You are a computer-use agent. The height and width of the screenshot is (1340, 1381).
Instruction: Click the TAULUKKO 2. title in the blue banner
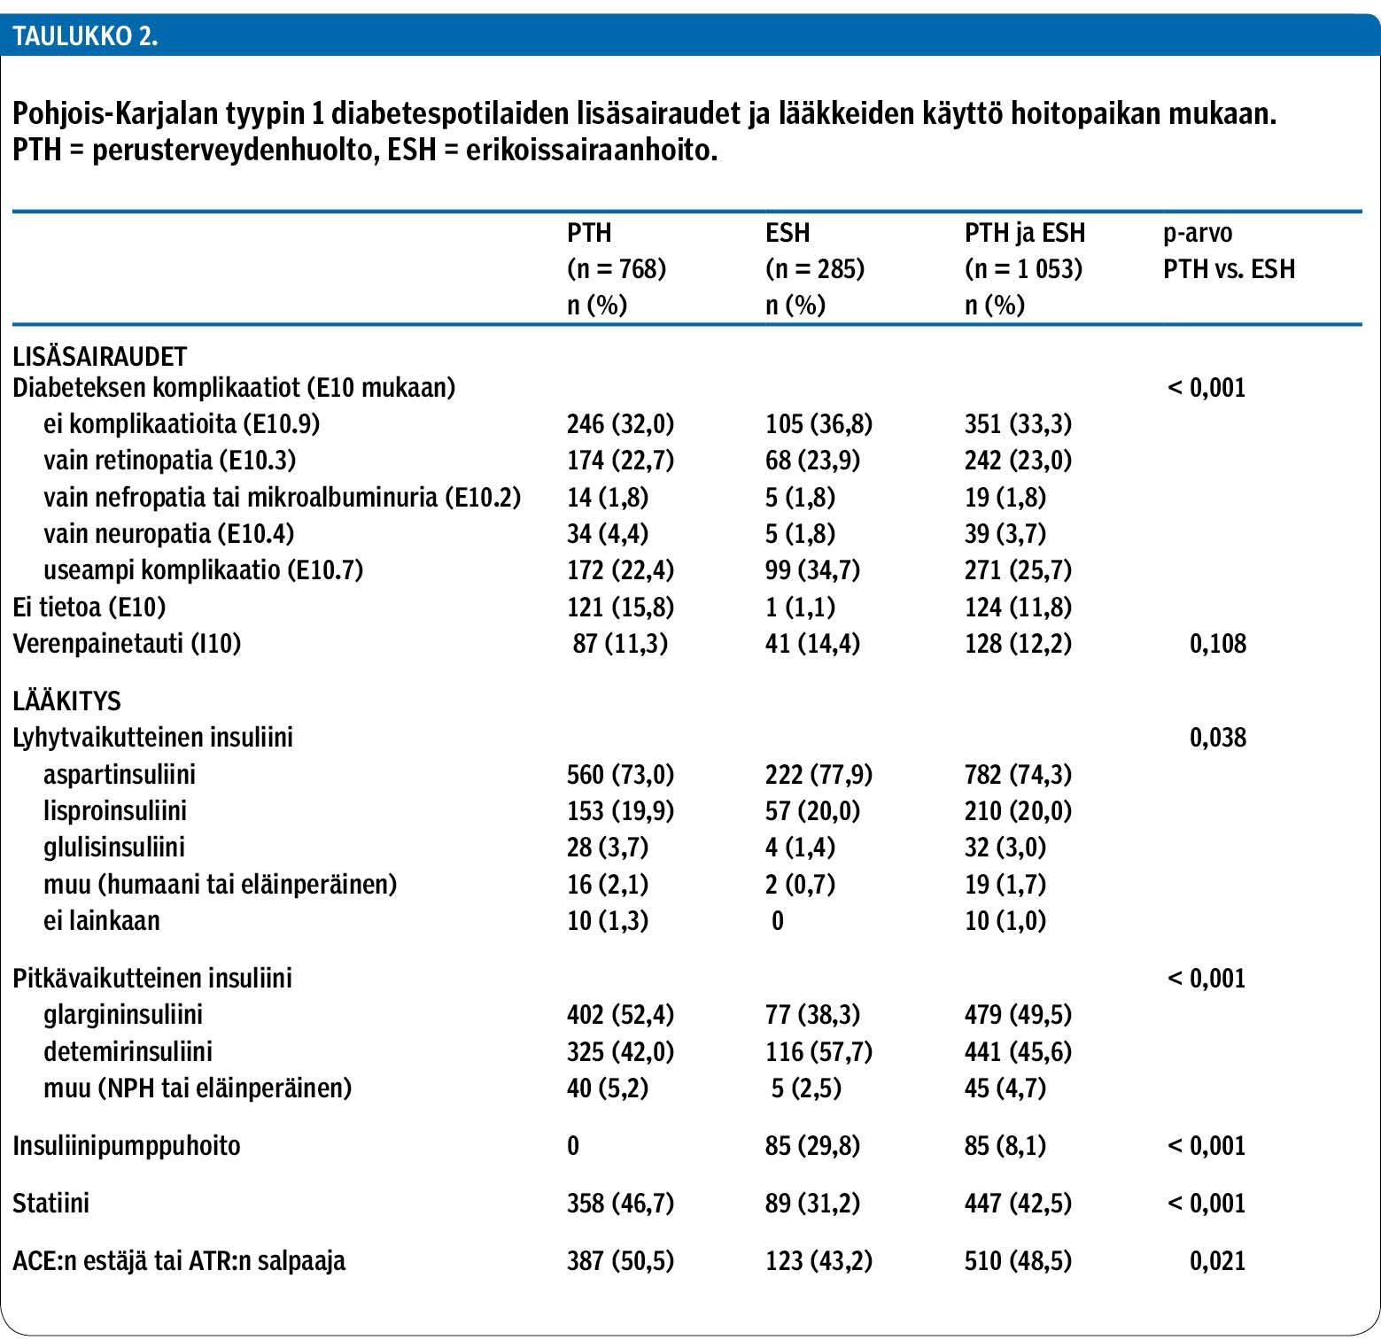point(85,36)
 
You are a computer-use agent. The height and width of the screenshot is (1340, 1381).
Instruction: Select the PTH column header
point(589,233)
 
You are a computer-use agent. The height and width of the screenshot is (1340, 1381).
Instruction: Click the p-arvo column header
point(1198,233)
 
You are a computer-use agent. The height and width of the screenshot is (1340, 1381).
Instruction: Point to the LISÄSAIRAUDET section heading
point(100,356)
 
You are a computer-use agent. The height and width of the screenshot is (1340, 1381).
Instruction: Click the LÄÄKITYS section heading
point(66,701)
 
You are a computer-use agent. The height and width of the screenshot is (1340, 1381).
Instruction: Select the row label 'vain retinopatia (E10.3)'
point(169,461)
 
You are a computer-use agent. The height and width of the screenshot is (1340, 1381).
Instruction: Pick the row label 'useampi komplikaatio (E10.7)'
point(204,569)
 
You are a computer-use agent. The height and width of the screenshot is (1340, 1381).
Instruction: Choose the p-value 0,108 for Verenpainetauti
point(1218,643)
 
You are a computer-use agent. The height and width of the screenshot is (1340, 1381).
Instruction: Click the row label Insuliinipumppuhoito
point(127,1145)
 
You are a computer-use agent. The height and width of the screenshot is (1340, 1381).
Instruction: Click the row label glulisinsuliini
point(114,848)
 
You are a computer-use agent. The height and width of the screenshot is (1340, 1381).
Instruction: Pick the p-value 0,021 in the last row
point(1218,1260)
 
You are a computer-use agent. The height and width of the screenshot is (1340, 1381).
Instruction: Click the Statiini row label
point(50,1203)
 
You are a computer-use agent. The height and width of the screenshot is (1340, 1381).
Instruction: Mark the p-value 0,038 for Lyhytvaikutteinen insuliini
point(1218,737)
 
